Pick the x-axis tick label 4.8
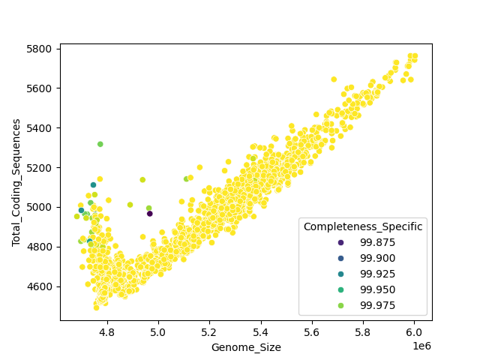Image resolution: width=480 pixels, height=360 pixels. coord(106,331)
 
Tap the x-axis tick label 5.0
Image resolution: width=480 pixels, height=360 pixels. coord(158,331)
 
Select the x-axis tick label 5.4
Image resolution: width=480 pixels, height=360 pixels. coord(260,331)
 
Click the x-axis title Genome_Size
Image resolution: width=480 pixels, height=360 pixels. coord(246,347)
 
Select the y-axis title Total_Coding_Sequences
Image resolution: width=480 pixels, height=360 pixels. coord(16,182)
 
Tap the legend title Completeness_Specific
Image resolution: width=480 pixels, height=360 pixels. coord(363,226)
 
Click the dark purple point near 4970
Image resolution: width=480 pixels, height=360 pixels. coord(149,214)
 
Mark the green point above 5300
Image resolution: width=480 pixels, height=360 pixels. coord(100,144)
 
